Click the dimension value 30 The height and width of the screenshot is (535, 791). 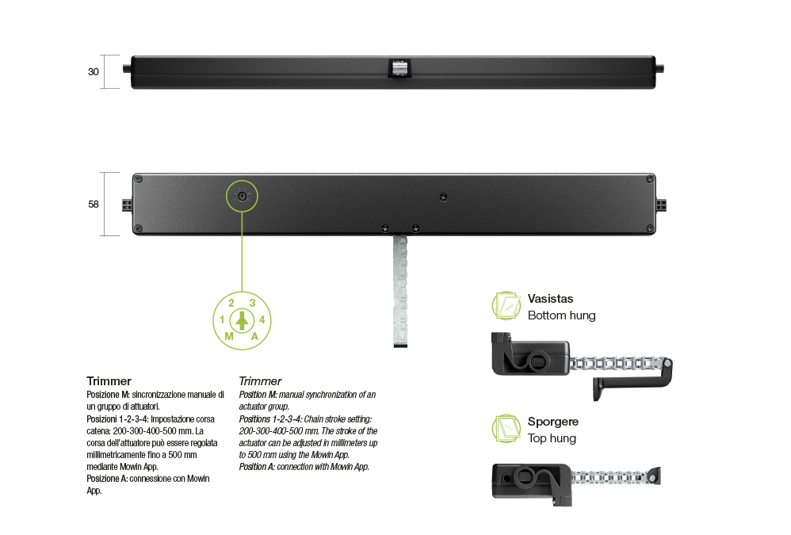(x=94, y=71)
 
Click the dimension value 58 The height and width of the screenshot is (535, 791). (x=94, y=204)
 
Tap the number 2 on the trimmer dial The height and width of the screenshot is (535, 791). (x=231, y=303)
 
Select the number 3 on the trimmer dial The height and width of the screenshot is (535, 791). (x=252, y=303)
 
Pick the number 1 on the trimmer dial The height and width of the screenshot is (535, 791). (x=222, y=319)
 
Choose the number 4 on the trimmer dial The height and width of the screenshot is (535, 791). (x=262, y=319)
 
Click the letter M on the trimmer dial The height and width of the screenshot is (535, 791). (x=229, y=336)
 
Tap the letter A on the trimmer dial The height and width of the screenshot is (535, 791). (x=254, y=336)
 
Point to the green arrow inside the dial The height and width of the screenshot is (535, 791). (x=243, y=321)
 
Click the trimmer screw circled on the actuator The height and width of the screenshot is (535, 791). (x=243, y=196)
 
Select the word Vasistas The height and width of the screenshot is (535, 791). (x=550, y=299)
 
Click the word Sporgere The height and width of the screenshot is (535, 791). (x=553, y=422)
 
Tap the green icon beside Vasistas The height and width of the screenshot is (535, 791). (x=506, y=306)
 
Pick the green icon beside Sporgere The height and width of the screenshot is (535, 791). (x=506, y=429)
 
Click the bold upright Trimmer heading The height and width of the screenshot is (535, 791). (x=109, y=381)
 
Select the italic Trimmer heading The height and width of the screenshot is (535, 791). (x=260, y=381)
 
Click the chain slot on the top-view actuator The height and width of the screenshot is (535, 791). (x=399, y=68)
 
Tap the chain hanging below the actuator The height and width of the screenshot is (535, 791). (x=400, y=291)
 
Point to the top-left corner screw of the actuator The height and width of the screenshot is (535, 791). (x=139, y=179)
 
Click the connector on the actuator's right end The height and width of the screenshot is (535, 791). (x=661, y=205)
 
